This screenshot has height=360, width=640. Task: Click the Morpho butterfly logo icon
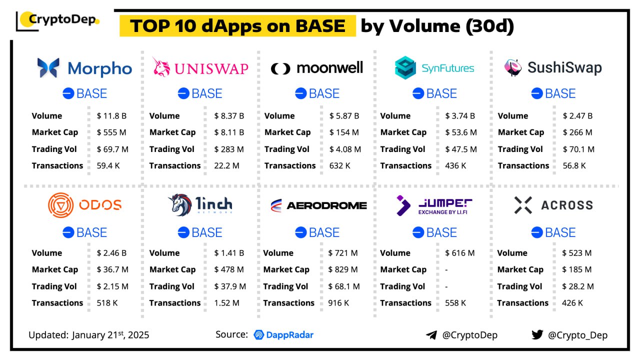[48, 68]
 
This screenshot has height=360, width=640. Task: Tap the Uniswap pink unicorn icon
[161, 67]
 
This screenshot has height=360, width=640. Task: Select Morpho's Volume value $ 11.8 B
[111, 115]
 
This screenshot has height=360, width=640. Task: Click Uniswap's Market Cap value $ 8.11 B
[229, 132]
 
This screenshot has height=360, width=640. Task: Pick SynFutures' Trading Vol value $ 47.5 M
[461, 149]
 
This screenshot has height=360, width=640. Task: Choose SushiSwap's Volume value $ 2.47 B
[577, 115]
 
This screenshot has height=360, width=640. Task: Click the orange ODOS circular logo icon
[60, 205]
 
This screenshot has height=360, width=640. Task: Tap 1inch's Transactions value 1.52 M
[226, 302]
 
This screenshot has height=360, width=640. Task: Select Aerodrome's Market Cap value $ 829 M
[343, 269]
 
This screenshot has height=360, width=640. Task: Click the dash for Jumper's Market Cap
[446, 269]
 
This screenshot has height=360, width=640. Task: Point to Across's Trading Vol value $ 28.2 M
[578, 286]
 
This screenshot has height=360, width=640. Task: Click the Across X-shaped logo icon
[523, 205]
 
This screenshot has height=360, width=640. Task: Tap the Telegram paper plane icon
[431, 335]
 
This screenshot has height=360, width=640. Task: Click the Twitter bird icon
[537, 334]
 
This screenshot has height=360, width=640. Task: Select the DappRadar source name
[283, 334]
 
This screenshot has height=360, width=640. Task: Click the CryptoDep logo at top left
[58, 20]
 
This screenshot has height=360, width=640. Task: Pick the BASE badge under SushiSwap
[553, 93]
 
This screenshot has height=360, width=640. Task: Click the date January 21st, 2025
[110, 334]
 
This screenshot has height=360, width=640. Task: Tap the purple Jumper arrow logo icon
[403, 205]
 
